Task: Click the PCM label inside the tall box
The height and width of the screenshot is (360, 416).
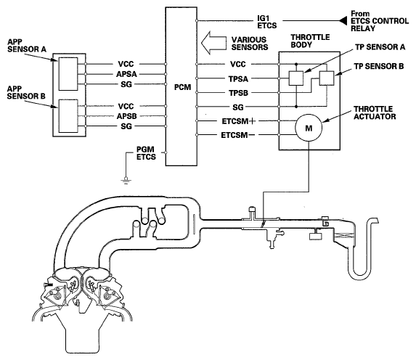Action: coord(182,87)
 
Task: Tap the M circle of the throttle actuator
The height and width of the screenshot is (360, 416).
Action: coord(309,128)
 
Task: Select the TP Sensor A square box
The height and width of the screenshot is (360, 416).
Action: coord(296,78)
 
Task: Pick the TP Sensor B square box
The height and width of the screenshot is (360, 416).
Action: coord(327,78)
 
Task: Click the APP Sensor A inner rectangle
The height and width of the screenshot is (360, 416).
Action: coord(68,74)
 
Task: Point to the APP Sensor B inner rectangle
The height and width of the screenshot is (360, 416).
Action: coord(68,116)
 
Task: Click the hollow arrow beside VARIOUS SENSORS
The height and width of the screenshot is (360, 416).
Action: coord(213,43)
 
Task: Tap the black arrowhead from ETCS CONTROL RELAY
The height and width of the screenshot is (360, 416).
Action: coord(343,20)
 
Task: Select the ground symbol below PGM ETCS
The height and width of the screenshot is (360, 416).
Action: coord(126,181)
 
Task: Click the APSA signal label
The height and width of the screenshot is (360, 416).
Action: coord(126,74)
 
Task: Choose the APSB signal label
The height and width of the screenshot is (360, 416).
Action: coord(126,116)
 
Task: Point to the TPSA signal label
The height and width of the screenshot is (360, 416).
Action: coord(238,79)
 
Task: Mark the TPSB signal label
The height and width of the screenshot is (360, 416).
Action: coord(239,93)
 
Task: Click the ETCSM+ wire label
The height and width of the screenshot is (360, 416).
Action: coord(239,121)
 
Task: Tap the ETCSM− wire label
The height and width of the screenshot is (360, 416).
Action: coord(238,135)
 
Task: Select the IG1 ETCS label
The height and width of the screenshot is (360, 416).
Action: coord(267,22)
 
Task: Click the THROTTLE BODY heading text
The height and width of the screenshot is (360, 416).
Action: coord(310,41)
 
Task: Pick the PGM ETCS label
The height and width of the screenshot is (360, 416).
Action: coord(146,153)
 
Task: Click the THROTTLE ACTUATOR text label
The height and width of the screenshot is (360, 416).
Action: coord(375,112)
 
